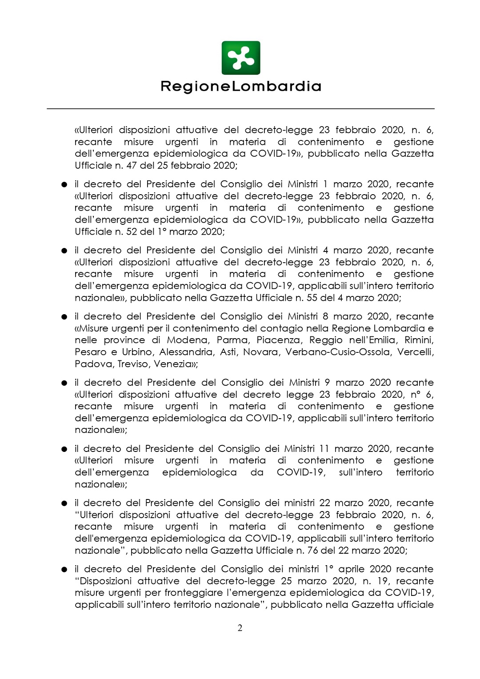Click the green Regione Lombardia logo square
pyautogui.click(x=240, y=58)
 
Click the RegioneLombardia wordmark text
pyautogui.click(x=240, y=86)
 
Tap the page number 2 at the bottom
pyautogui.click(x=240, y=627)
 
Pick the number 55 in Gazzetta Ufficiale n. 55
pyautogui.click(x=312, y=298)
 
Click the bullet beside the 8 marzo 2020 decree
pyautogui.click(x=64, y=317)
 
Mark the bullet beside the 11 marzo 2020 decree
pyautogui.click(x=64, y=449)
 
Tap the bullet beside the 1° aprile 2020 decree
pyautogui.click(x=64, y=570)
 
